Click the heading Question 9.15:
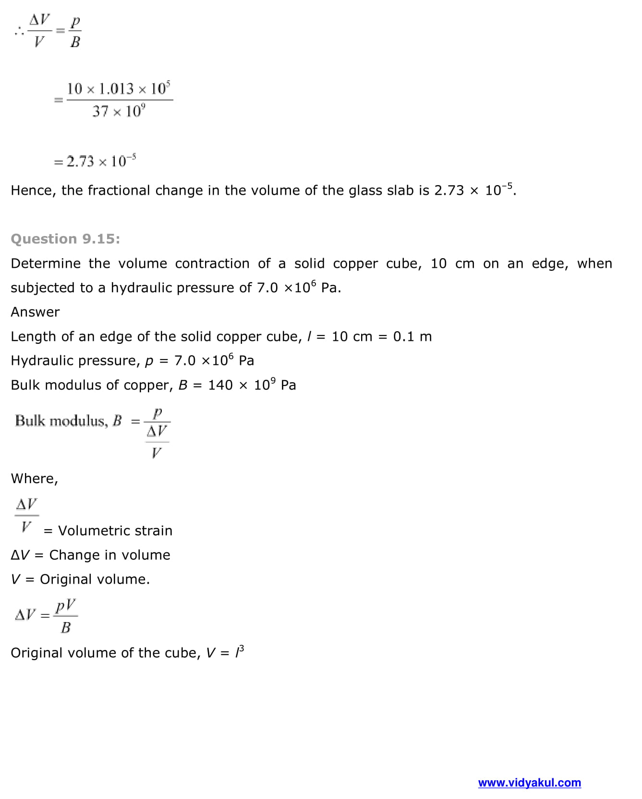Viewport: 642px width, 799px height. (65, 239)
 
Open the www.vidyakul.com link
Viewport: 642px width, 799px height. (529, 783)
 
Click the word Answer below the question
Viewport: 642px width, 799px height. (35, 312)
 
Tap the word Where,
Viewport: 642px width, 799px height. (34, 478)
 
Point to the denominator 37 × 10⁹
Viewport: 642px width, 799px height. (119, 112)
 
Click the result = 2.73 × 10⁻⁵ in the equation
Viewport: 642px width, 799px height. (96, 161)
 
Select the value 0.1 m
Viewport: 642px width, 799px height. (412, 337)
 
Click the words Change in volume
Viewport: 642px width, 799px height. (109, 555)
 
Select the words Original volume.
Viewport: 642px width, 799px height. (95, 579)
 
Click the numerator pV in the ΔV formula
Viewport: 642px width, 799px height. (65, 606)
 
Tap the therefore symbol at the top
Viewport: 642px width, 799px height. (19, 32)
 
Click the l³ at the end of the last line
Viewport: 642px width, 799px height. (239, 652)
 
